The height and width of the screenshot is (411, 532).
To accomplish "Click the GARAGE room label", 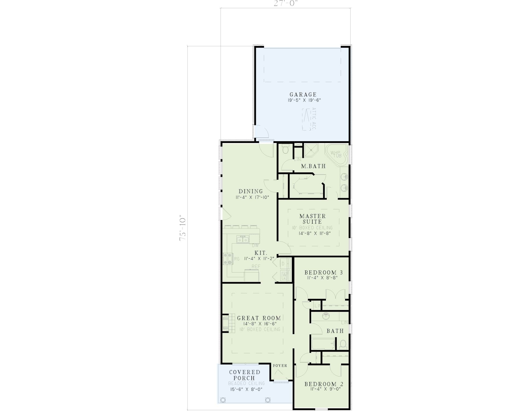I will point(303,95).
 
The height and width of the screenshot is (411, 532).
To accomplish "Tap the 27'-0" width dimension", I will point(286,4).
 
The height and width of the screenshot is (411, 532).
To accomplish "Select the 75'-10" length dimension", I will point(183,227).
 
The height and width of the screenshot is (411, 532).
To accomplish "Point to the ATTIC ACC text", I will point(314,119).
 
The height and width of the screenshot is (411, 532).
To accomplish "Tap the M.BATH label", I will point(313,166).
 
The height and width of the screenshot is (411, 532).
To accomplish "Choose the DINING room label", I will point(251,191).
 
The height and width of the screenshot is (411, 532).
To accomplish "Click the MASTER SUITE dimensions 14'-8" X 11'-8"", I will point(315,233).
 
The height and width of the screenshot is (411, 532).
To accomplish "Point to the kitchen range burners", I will point(227,259).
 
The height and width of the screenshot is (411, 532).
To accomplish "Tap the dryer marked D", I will point(284,264).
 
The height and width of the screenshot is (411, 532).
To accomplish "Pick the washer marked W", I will point(284,274).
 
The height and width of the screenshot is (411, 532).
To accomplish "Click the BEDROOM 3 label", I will point(323,273).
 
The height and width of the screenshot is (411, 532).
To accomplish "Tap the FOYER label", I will point(280,366).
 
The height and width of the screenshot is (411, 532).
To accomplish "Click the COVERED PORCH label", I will point(245,375).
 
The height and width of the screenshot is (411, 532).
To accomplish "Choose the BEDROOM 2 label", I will point(324,384).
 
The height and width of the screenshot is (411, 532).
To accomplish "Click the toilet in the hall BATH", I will point(343,344).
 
